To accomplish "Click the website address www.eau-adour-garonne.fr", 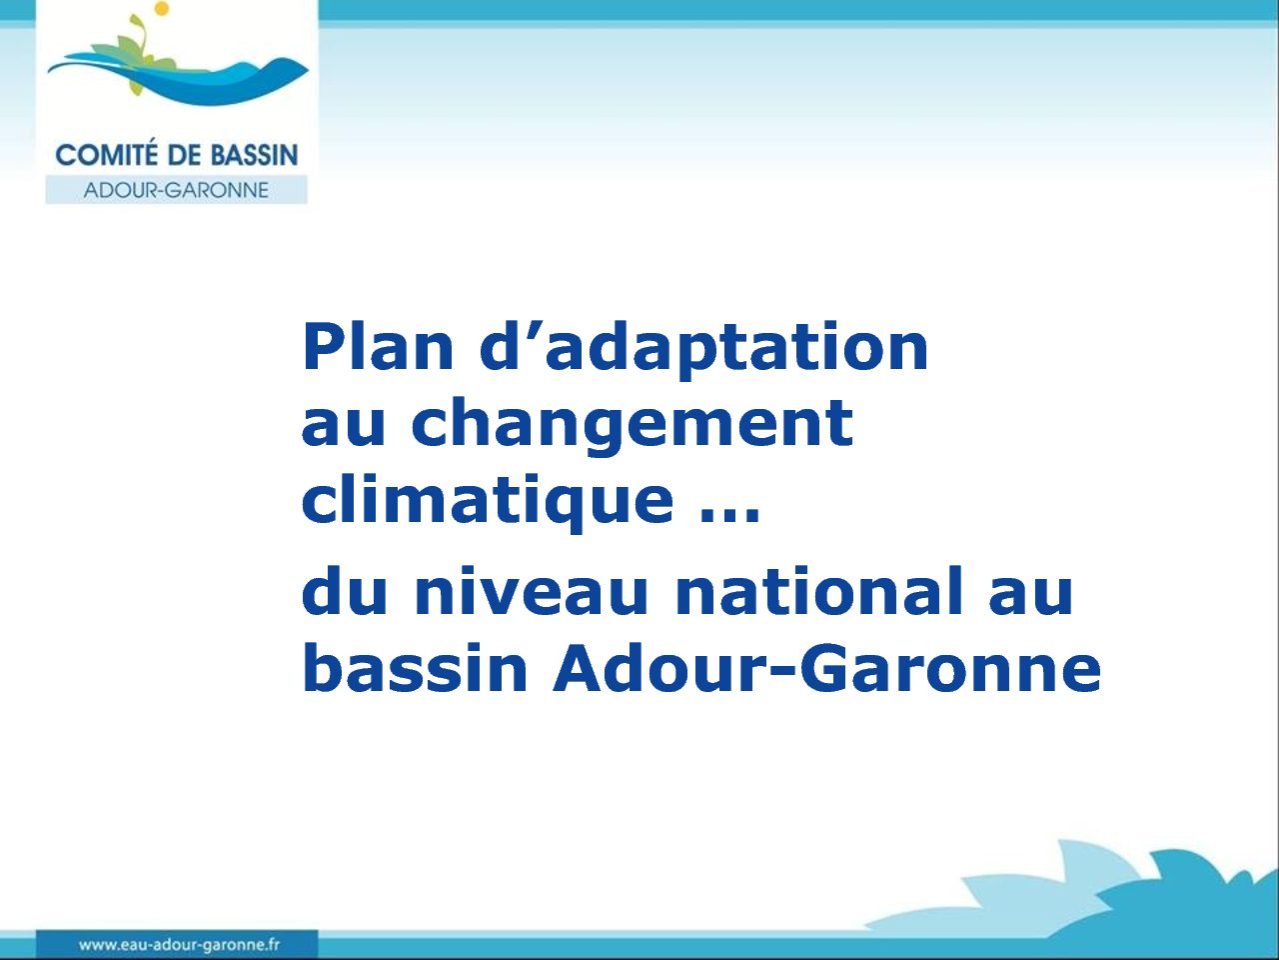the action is pyautogui.click(x=179, y=944).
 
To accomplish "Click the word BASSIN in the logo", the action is pyautogui.click(x=254, y=156).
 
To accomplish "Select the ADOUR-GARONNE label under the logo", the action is pyautogui.click(x=176, y=190).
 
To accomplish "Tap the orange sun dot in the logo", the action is pyautogui.click(x=162, y=8).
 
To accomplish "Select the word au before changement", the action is pyautogui.click(x=343, y=429).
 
